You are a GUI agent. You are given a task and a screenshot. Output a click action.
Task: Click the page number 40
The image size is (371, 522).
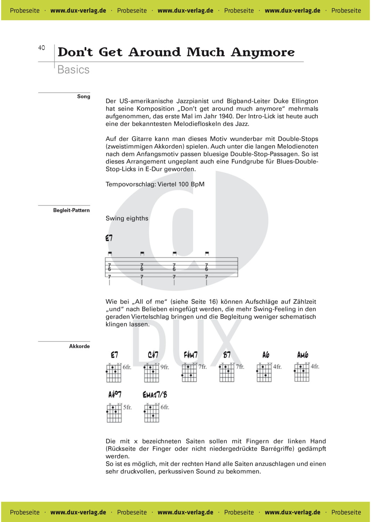pos(41,48)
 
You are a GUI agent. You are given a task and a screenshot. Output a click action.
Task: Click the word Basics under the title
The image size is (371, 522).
pos(73,70)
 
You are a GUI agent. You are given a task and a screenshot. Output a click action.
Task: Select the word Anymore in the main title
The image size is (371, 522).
pos(263,52)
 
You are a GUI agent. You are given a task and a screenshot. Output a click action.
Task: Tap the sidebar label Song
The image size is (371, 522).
pos(83,96)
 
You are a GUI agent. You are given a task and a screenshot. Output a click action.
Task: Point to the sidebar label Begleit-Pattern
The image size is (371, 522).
pos(71,210)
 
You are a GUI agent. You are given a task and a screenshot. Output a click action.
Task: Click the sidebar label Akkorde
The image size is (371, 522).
pos(79,346)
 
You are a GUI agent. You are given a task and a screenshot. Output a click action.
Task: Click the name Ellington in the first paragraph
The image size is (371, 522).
pos(305,101)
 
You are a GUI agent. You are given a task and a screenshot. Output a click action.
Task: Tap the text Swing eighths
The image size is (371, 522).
pos(127,218)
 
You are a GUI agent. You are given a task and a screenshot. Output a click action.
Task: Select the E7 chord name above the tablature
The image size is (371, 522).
pos(109,238)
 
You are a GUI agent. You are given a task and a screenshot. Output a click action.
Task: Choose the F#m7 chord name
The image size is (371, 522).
pos(191,355)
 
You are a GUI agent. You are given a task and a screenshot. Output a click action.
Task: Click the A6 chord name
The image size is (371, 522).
pos(266,355)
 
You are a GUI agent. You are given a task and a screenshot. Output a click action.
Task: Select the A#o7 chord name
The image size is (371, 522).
pos(115,395)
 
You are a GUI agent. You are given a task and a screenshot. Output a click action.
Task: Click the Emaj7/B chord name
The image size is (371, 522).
pos(155,395)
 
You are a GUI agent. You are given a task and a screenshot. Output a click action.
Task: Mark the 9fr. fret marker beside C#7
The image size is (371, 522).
pos(165,367)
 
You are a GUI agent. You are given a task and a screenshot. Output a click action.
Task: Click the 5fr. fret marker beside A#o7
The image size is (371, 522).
pos(127,407)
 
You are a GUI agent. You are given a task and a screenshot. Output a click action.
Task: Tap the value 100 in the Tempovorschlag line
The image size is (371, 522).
pos(184,184)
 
